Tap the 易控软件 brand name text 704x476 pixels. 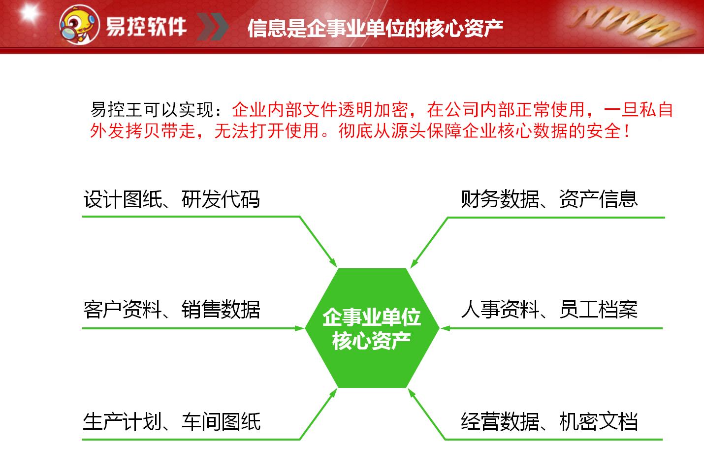click(x=146, y=26)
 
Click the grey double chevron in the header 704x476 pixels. click(x=213, y=26)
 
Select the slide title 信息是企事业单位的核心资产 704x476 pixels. click(x=375, y=28)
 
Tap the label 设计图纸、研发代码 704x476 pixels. click(x=171, y=199)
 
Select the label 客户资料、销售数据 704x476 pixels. click(x=171, y=310)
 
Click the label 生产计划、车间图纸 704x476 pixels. click(x=171, y=422)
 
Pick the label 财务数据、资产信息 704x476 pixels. click(x=549, y=199)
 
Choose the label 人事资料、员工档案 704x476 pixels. click(x=549, y=310)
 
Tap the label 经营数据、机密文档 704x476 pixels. click(x=549, y=422)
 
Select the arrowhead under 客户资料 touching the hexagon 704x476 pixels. click(x=300, y=328)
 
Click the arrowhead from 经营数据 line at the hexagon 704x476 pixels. click(x=412, y=393)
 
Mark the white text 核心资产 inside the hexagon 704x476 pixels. click(x=372, y=341)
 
